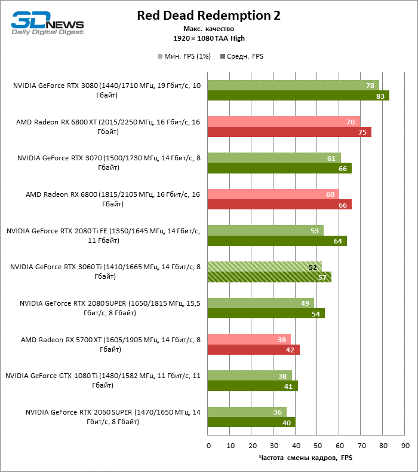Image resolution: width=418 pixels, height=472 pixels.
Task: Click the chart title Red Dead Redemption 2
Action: click(208, 16)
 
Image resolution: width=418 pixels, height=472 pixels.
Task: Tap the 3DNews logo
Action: click(47, 23)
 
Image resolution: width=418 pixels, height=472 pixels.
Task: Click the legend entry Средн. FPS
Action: click(242, 57)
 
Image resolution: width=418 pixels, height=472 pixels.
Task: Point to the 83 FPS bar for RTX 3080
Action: click(298, 96)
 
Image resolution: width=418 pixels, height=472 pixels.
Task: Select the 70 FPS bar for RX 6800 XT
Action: click(284, 122)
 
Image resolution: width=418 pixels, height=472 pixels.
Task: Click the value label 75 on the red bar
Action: click(362, 132)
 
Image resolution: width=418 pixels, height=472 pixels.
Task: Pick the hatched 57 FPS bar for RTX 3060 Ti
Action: click(269, 277)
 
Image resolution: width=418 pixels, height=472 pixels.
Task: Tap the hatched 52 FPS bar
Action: click(264, 267)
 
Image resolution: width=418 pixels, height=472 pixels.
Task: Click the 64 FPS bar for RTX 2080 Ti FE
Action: click(277, 241)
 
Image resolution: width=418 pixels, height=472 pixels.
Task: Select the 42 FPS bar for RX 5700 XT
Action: click(253, 349)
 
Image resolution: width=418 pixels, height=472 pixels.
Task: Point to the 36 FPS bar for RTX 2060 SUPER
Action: click(247, 412)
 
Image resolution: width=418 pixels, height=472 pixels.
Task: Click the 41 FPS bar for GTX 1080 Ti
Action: click(252, 386)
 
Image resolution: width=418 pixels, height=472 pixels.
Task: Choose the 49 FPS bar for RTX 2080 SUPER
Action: click(260, 303)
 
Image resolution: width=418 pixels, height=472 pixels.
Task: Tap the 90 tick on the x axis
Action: click(405, 446)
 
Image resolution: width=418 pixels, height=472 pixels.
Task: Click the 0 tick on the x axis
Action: click(208, 446)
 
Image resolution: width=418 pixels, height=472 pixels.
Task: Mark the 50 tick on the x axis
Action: click(318, 446)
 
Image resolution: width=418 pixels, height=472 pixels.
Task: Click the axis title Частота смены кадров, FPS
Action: click(306, 458)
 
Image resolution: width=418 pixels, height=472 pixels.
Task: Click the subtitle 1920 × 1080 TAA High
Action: click(208, 38)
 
